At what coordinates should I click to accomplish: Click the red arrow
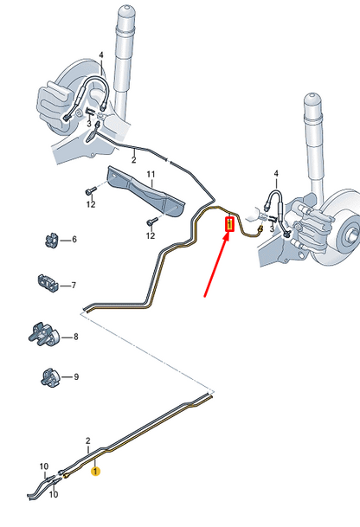(x=215, y=267)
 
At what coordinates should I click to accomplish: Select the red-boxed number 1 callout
(x=229, y=226)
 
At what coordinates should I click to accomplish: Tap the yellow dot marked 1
(x=96, y=472)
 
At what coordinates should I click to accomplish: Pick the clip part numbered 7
(x=47, y=283)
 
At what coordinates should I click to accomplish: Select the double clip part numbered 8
(x=43, y=335)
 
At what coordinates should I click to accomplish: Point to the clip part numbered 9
(x=48, y=376)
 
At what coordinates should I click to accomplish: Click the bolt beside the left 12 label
(x=90, y=190)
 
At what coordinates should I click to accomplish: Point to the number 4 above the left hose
(x=101, y=55)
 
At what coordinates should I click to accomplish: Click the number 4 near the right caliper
(x=276, y=173)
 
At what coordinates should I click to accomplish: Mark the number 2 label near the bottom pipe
(x=88, y=440)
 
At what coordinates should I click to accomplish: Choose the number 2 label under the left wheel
(x=133, y=160)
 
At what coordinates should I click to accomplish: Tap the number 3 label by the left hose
(x=88, y=125)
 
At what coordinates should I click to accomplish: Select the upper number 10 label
(x=45, y=466)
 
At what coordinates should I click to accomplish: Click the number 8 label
(x=75, y=337)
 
